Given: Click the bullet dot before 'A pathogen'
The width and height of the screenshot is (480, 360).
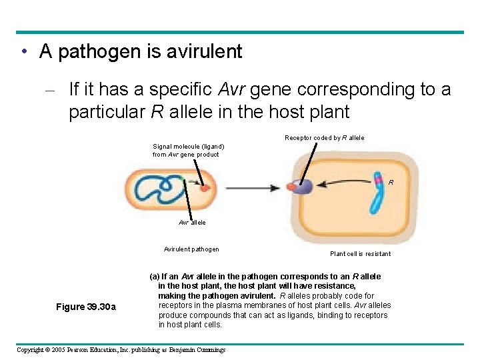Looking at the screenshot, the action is (24, 52).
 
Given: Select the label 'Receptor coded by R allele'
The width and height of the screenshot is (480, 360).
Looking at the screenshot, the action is (324, 138).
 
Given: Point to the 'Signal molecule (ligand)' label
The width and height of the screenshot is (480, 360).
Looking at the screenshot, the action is (188, 147).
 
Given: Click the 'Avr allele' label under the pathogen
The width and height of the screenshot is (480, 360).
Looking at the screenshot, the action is (192, 222).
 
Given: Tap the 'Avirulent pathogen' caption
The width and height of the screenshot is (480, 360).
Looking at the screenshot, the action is (191, 249).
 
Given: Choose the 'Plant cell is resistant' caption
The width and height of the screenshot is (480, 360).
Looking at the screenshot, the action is (360, 253).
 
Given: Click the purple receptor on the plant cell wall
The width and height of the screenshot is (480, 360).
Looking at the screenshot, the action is (303, 187).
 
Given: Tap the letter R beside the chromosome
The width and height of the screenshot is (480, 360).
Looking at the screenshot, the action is (391, 182).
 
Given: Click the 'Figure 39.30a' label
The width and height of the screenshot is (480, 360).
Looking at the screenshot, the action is (86, 307).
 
